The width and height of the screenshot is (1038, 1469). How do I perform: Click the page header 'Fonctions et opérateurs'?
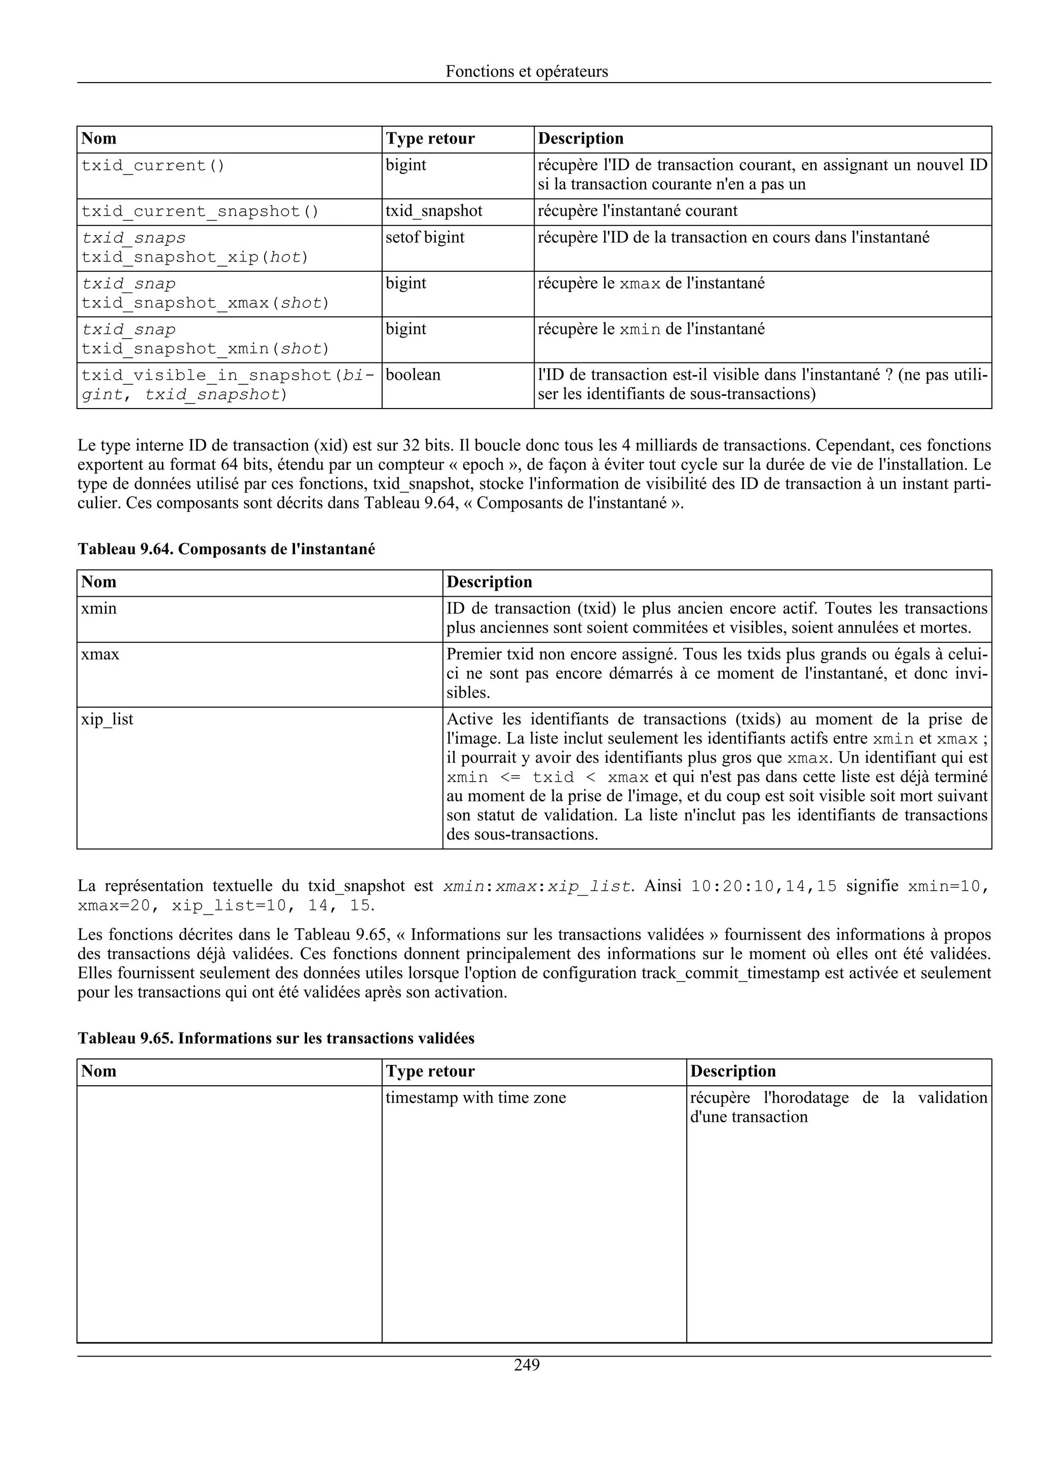[527, 71]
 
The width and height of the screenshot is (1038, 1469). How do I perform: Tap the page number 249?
[527, 1365]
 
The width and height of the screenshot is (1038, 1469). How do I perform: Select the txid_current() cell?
[153, 166]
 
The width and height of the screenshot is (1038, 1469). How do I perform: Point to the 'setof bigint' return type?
[425, 237]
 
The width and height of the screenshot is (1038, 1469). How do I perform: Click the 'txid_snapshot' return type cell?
[434, 211]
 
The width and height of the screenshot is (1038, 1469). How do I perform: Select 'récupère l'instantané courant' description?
[638, 211]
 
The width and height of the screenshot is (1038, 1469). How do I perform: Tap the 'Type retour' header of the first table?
[430, 139]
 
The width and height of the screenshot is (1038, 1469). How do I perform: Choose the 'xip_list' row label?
[107, 719]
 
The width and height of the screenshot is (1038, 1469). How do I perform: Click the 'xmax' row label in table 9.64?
[100, 654]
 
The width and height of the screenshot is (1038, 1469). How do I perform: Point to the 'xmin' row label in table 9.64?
[98, 608]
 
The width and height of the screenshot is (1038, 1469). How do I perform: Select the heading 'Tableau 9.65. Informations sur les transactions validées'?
[276, 1038]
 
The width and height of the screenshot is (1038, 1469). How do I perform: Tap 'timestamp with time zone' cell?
[476, 1098]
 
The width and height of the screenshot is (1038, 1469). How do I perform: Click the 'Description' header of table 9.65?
[733, 1071]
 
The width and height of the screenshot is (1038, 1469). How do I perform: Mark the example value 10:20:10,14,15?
[764, 887]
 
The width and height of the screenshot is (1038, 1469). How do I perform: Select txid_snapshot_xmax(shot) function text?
[205, 303]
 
